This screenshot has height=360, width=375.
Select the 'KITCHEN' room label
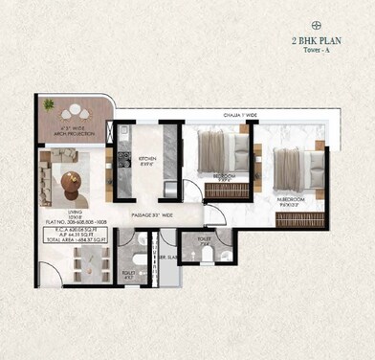point(147,158)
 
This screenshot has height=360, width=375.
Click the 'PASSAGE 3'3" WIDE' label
point(152,215)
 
